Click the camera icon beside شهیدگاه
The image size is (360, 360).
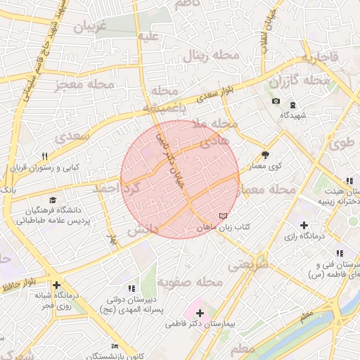tap(276, 101)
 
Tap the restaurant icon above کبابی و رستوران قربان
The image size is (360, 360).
tap(44, 156)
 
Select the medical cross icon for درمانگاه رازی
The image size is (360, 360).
tap(303, 226)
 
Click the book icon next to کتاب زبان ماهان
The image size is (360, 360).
tap(224, 215)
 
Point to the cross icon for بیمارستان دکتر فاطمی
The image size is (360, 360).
tap(200, 312)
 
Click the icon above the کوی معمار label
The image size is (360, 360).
tap(265, 155)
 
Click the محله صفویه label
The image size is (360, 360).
tap(189, 281)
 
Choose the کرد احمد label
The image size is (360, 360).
tap(117, 188)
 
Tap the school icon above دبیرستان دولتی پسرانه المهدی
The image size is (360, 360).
tap(131, 288)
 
